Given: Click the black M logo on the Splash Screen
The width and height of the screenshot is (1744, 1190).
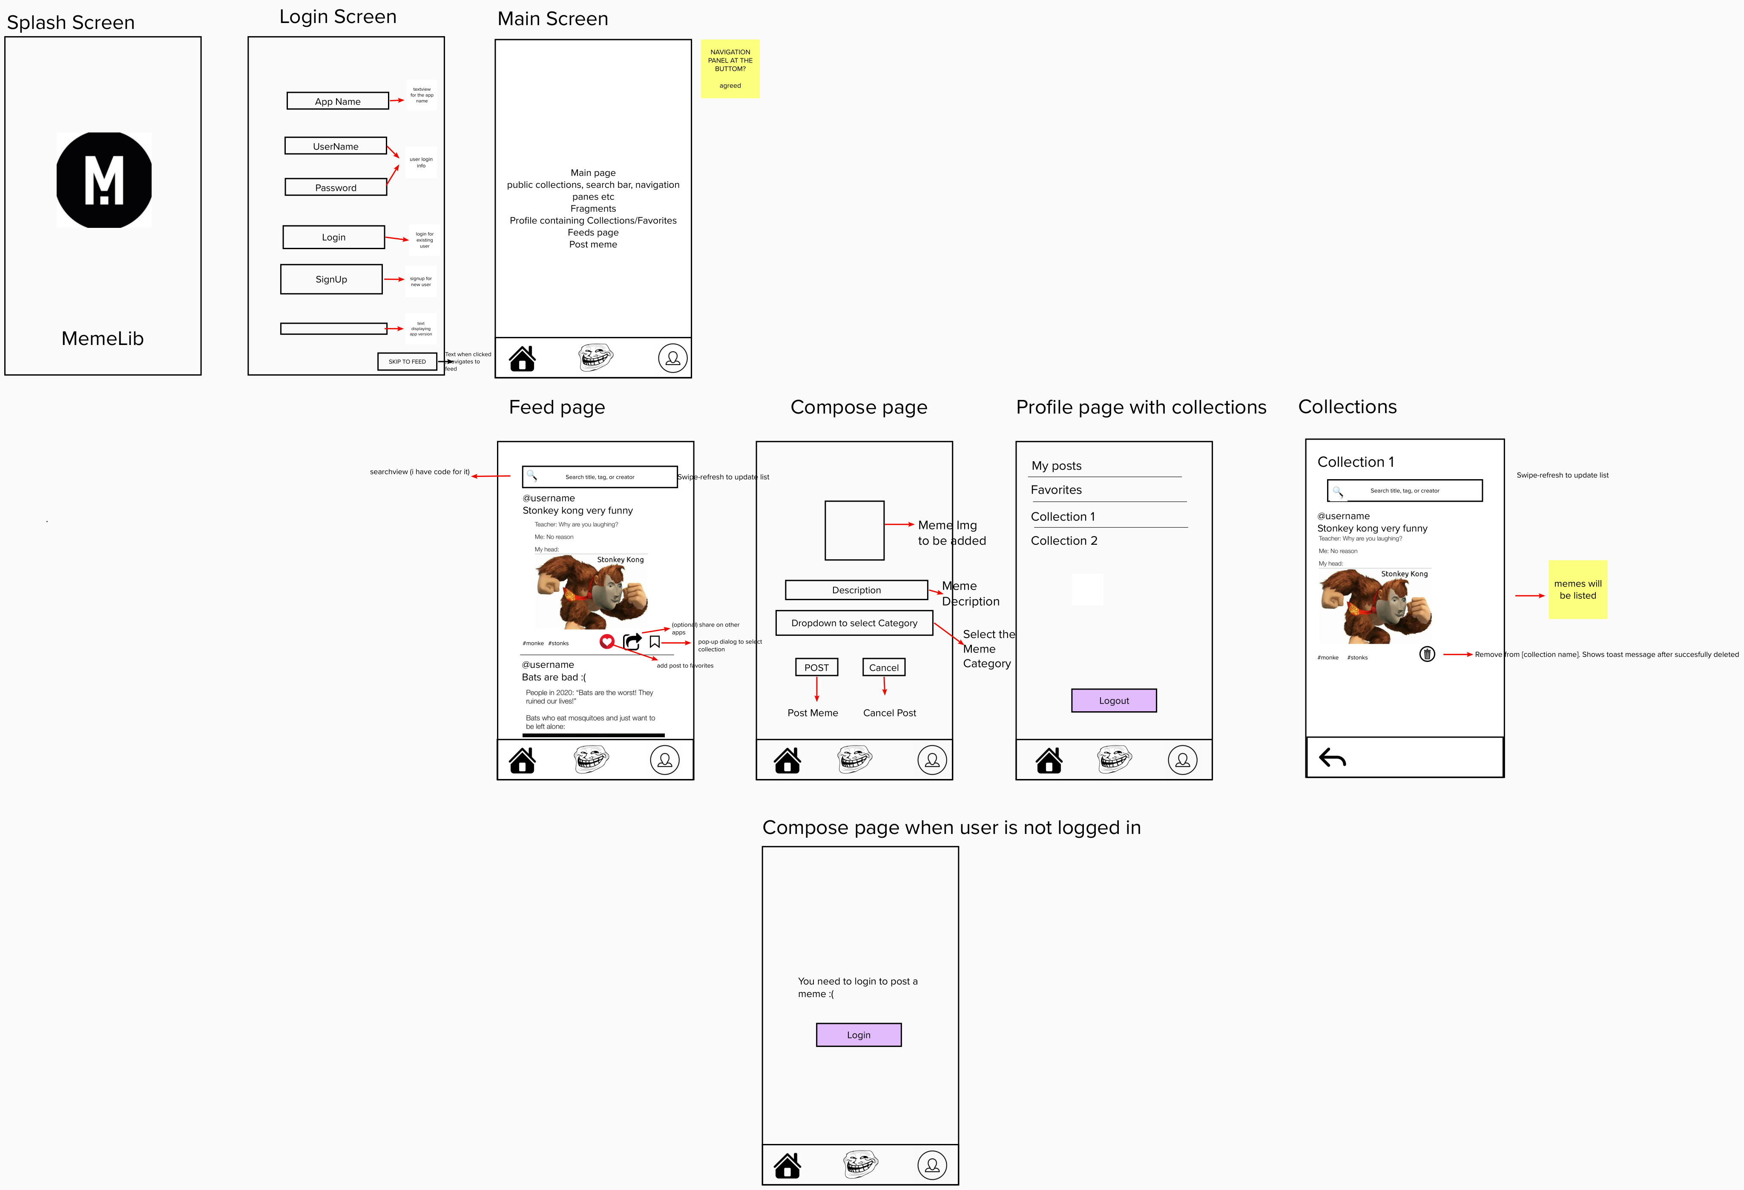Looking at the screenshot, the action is (103, 180).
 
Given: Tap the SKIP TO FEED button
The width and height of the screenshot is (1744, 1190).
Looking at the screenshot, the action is (407, 362).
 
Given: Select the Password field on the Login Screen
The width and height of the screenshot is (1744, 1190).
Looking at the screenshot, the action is (336, 187).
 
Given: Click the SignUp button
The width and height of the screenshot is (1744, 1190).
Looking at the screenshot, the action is (331, 279).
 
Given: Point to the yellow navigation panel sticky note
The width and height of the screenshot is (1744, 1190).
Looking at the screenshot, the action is (730, 68).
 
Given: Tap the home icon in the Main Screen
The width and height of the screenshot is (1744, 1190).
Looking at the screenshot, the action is (522, 359).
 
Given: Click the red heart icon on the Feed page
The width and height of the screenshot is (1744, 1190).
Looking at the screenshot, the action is (607, 641).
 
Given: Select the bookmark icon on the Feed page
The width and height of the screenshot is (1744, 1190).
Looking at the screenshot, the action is (655, 641).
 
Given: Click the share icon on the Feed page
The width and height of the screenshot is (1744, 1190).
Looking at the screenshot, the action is (632, 641).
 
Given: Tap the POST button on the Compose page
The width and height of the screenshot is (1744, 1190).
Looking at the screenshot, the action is (816, 667).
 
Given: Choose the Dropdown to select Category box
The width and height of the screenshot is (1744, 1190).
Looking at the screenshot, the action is (854, 623).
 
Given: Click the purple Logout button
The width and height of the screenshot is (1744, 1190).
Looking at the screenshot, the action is (1114, 700).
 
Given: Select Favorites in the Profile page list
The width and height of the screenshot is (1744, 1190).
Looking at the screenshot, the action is (1056, 490).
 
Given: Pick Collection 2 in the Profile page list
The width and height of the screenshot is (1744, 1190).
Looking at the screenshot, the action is (1063, 540).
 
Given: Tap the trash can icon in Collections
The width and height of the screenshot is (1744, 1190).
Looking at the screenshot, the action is (1427, 654).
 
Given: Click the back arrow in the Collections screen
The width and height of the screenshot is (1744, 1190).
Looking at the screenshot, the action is (1332, 758).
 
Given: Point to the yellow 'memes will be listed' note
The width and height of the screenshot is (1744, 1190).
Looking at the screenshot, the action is (1577, 590).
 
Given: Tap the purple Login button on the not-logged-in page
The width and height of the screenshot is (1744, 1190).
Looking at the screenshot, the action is (859, 1035).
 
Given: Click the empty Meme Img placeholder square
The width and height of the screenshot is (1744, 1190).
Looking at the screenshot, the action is (854, 530).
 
